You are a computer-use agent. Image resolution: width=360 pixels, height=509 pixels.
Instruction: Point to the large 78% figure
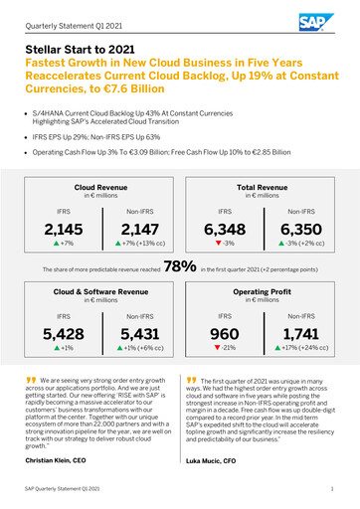tap(179, 267)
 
